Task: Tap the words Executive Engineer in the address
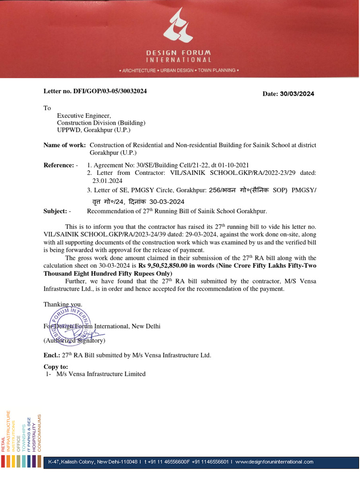click(84, 115)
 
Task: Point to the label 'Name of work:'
click(65, 145)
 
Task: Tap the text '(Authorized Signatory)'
click(75, 340)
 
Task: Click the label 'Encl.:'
click(52, 355)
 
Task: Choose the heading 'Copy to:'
click(56, 367)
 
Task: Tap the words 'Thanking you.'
click(63, 304)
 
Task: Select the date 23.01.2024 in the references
click(107, 180)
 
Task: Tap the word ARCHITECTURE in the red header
click(139, 70)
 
